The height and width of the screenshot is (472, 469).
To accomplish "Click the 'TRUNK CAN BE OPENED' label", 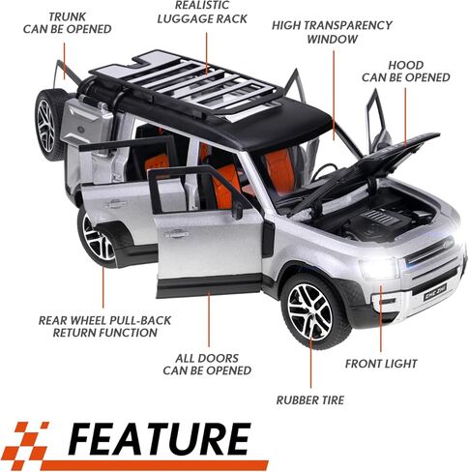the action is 68,22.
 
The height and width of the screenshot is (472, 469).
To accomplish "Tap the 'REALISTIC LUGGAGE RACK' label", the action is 202,13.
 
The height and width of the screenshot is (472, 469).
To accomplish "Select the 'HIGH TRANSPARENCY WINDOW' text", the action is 332,32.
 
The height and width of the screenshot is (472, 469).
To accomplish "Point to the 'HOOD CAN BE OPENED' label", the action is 405,72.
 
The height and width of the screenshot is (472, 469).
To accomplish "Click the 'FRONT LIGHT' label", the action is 381,364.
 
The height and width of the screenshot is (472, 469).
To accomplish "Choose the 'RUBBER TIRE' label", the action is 310,400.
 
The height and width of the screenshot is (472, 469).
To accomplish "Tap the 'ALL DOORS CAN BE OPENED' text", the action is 207,365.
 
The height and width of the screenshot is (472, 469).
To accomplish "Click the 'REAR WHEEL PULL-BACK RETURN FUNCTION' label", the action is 104,326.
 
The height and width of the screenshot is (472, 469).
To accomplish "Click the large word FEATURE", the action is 160,439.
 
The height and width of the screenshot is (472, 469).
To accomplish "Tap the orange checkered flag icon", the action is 28,441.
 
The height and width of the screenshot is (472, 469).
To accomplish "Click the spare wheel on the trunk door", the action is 48,125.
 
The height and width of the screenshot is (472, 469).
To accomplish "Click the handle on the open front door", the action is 177,234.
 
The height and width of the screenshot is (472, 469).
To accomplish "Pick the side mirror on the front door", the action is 238,210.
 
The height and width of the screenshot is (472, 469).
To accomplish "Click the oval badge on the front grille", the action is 448,243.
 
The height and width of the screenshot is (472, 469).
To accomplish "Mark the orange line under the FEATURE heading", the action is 155,465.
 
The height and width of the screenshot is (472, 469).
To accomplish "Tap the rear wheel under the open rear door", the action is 97,240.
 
